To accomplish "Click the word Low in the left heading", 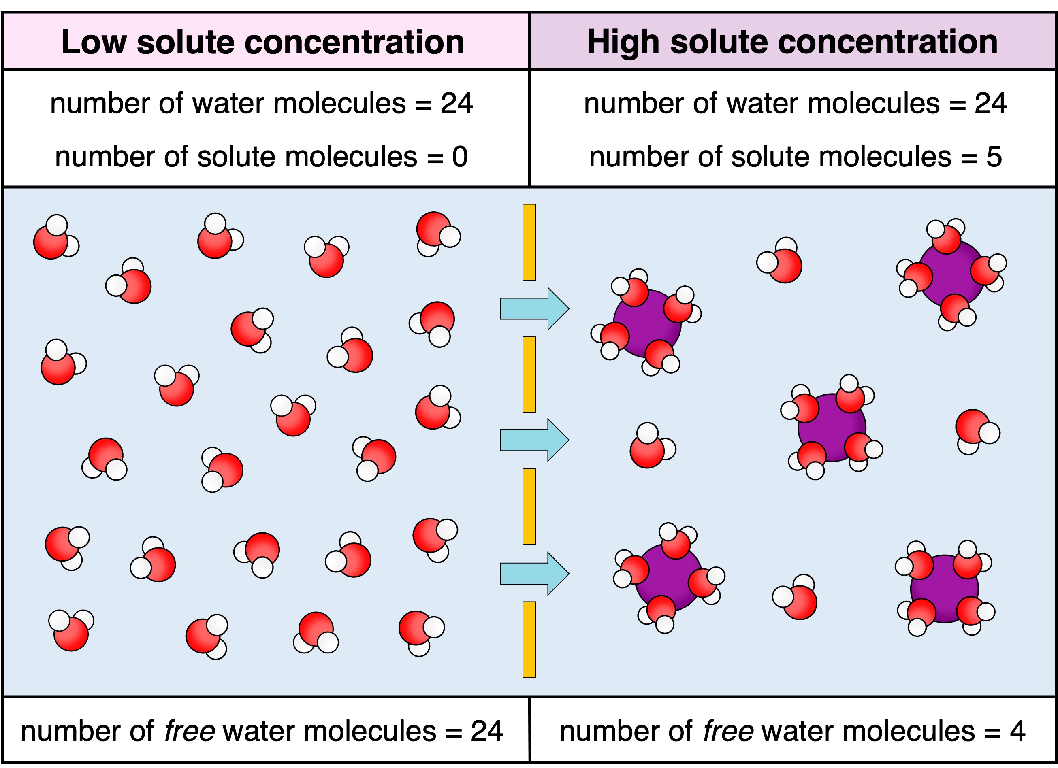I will pos(93,43).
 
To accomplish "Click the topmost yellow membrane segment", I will pos(529,242).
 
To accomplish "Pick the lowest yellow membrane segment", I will pos(529,639).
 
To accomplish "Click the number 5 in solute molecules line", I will pos(994,157).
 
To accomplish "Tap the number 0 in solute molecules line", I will pos(459,157).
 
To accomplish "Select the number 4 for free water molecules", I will pos(1017,731).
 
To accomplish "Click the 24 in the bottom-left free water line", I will pos(486,731).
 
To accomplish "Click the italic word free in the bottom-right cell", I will pos(728,731).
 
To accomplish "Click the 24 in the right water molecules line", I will pos(990,104).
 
